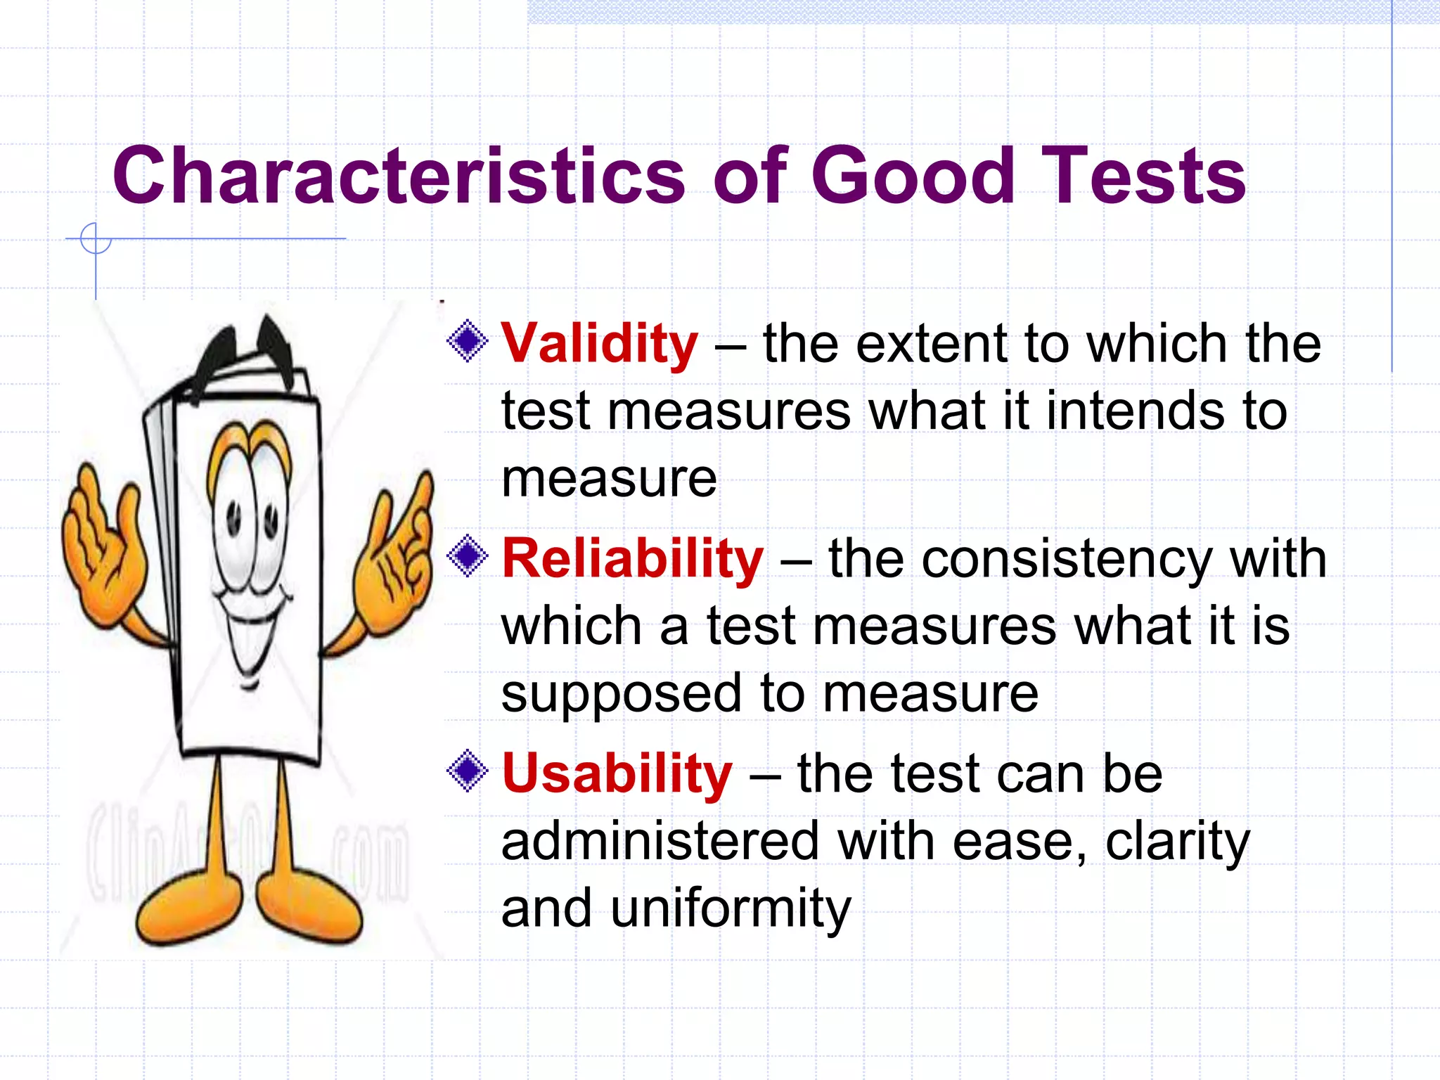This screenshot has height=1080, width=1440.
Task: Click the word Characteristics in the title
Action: pyautogui.click(x=398, y=176)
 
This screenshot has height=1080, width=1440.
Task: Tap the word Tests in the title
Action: pyautogui.click(x=1143, y=176)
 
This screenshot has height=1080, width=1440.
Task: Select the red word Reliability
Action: pyautogui.click(x=632, y=559)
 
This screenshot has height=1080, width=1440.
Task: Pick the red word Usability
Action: pyautogui.click(x=617, y=774)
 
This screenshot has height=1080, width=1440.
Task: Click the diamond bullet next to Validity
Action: pyautogui.click(x=468, y=342)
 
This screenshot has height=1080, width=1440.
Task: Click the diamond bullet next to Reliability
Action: pyautogui.click(x=468, y=557)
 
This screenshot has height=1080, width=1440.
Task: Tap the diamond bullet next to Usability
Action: pyautogui.click(x=468, y=771)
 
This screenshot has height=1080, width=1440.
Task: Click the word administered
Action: pyautogui.click(x=660, y=842)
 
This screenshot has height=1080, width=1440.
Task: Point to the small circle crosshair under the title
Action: pyautogui.click(x=96, y=239)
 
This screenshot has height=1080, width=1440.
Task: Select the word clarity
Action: pyautogui.click(x=1177, y=842)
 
